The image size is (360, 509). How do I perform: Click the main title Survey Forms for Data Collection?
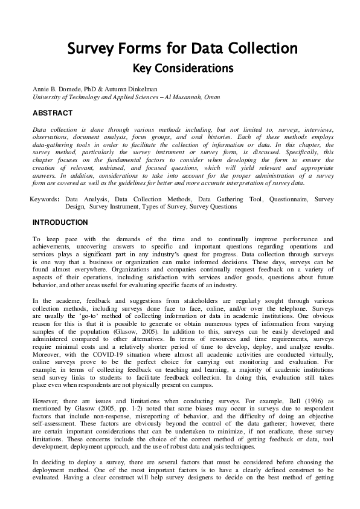[182, 48]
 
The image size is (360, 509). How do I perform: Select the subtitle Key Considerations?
[182, 66]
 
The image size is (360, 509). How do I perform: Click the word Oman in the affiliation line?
[211, 97]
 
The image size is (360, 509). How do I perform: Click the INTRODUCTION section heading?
[60, 222]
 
